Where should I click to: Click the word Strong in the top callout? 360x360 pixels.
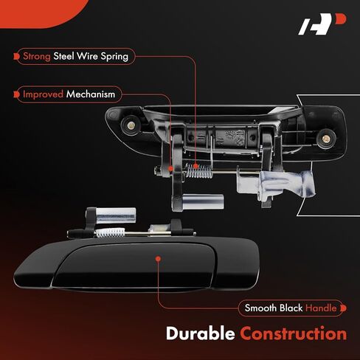[37, 56]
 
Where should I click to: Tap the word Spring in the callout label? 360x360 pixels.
[114, 57]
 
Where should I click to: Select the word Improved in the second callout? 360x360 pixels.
[43, 94]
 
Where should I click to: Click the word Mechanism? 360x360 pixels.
[91, 94]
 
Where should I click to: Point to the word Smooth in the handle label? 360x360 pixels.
[260, 308]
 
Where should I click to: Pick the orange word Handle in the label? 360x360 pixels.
[321, 308]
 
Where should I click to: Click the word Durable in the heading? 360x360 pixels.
[201, 333]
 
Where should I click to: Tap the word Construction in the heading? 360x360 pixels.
[294, 333]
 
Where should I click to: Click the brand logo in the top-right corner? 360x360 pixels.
[322, 24]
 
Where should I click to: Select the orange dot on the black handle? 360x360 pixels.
[159, 259]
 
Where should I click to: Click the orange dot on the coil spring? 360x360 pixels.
[195, 166]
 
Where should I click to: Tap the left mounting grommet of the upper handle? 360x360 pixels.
[130, 125]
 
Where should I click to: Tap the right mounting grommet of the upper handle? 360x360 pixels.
[326, 139]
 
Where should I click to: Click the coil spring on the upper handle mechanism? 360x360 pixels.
[198, 170]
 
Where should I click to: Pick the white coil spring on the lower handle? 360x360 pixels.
[110, 232]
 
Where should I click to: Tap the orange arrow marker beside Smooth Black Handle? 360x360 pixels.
[343, 308]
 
